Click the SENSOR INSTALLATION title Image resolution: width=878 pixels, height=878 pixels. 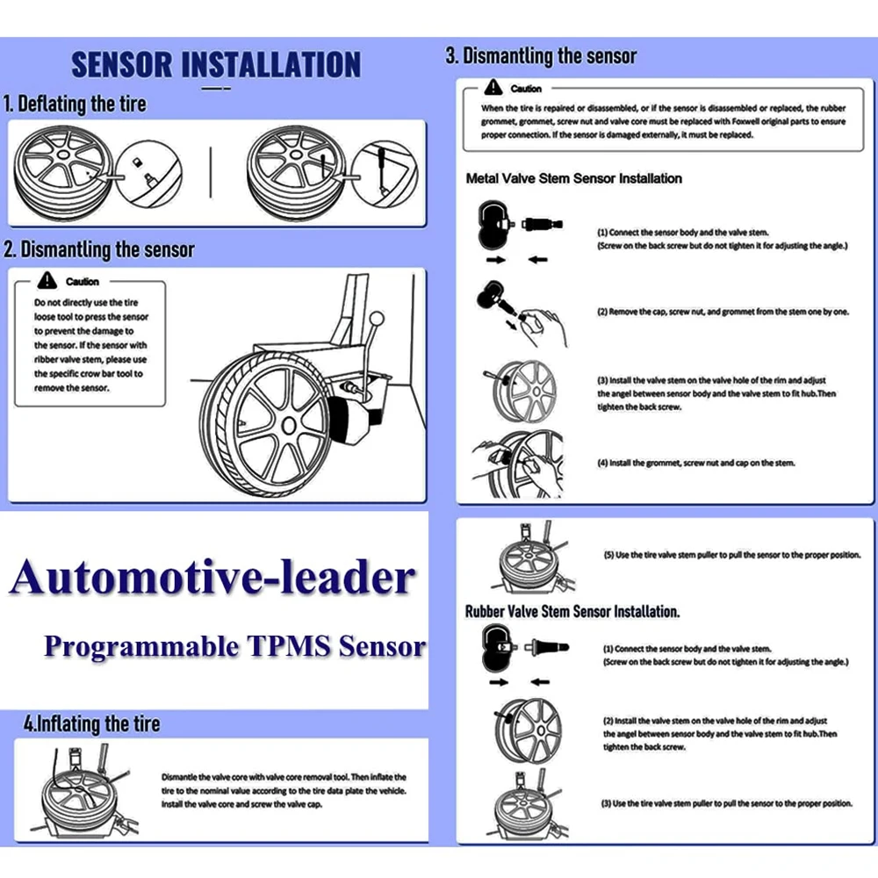[215, 65]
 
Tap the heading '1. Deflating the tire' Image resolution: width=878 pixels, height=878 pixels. [76, 104]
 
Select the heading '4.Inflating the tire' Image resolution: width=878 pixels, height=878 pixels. [92, 724]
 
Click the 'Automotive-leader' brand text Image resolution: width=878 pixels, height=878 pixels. [212, 578]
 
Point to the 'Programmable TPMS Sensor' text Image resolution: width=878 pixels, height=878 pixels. [234, 647]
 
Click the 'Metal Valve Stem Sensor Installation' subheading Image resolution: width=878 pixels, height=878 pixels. [573, 178]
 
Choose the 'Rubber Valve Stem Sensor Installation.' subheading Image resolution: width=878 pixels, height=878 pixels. [572, 611]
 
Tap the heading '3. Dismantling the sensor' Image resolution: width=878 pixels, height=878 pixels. [541, 57]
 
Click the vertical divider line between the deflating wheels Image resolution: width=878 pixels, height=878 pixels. [211, 172]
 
